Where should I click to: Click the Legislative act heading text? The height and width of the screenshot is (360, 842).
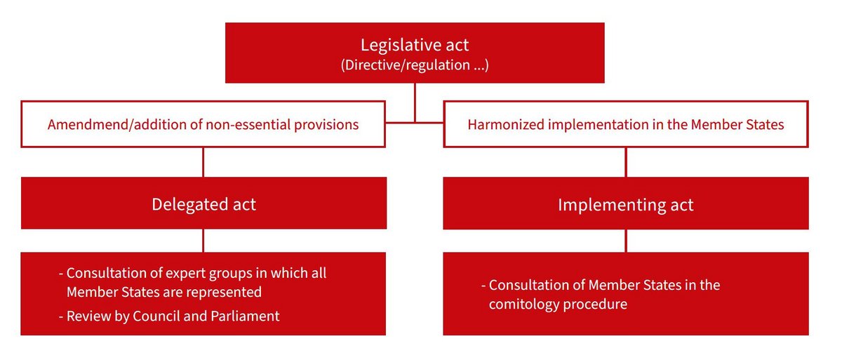(x=415, y=45)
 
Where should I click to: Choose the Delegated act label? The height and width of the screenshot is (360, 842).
(x=203, y=204)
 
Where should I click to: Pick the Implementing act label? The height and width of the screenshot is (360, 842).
(x=625, y=204)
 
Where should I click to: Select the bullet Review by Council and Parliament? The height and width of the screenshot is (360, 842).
(x=173, y=316)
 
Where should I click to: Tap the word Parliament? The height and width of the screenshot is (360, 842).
(x=245, y=316)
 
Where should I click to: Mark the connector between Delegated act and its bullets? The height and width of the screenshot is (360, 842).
(x=203, y=240)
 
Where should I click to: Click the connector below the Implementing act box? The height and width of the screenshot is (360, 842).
(x=626, y=240)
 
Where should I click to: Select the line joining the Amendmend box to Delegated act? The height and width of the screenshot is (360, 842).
(x=203, y=161)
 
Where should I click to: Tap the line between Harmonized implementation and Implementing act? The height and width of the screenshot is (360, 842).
(x=626, y=161)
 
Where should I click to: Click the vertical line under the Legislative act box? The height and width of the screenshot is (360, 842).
(x=415, y=102)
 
